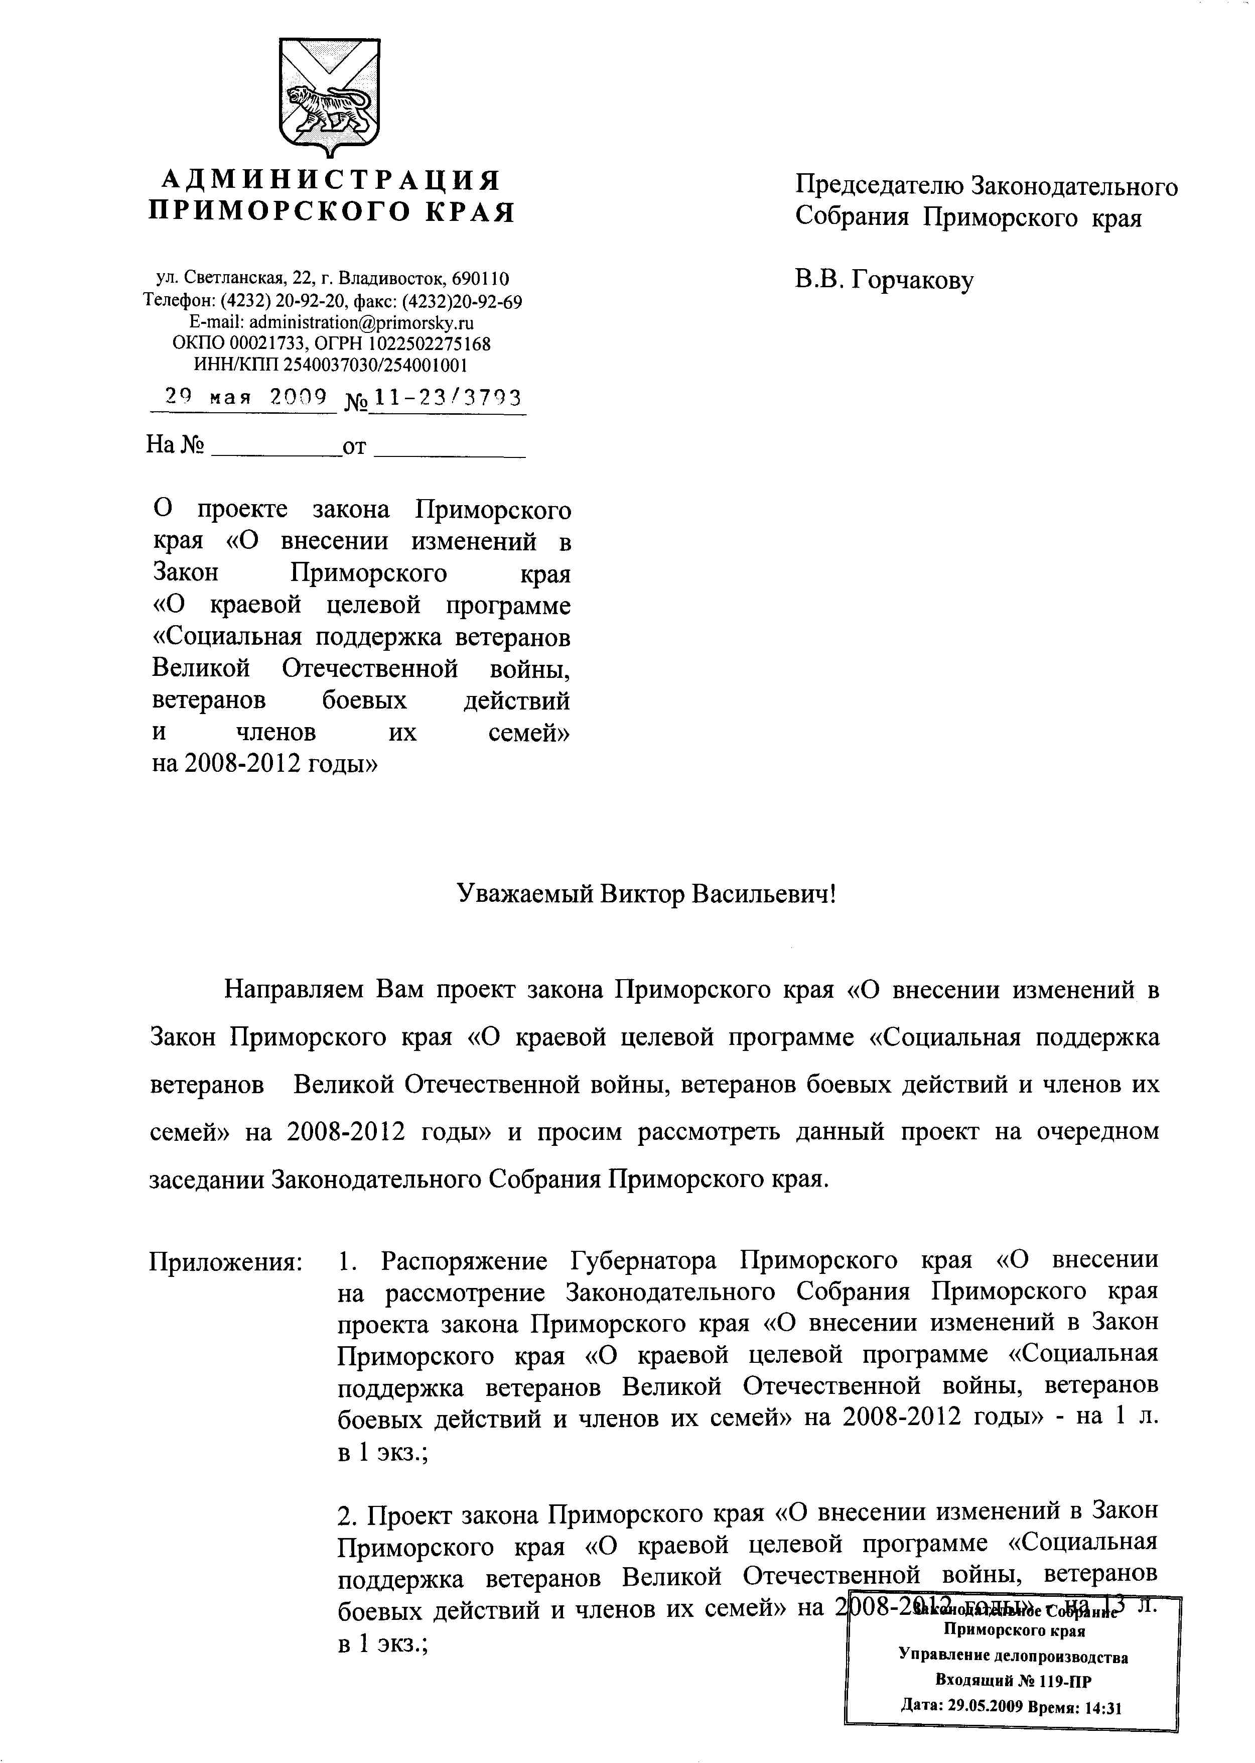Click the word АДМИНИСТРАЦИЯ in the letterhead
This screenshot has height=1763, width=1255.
point(331,180)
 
